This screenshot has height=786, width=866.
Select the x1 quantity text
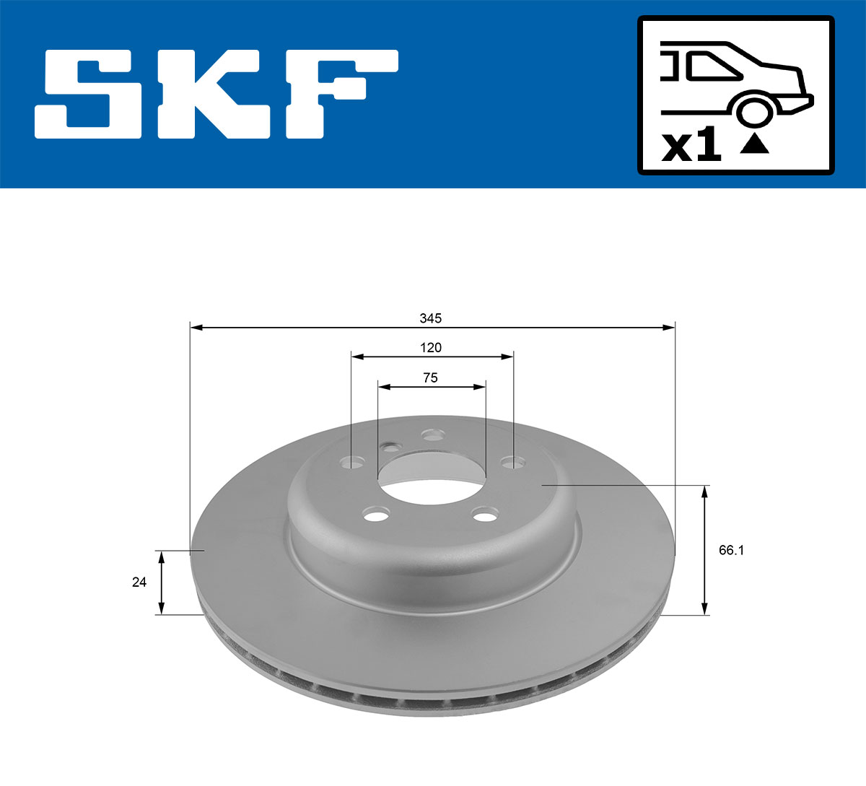[x=691, y=147]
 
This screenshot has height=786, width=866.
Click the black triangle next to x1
[x=755, y=144]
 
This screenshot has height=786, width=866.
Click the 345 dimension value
[x=431, y=318]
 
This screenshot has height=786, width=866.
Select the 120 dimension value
[x=431, y=348]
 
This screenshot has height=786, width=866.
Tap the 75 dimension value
[x=431, y=377]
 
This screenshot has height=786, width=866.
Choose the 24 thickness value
[x=139, y=582]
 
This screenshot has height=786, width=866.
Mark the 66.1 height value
[x=731, y=550]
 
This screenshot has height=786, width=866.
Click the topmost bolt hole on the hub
[x=432, y=435]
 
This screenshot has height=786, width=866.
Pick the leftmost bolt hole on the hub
[x=353, y=462]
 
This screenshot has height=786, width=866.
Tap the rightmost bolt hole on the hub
[x=512, y=462]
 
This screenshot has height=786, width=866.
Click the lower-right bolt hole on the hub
[x=484, y=515]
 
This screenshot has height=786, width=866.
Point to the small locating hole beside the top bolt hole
[x=391, y=447]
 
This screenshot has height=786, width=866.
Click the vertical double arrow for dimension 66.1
[x=705, y=550]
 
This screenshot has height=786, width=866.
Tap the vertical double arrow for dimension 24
[x=162, y=582]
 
